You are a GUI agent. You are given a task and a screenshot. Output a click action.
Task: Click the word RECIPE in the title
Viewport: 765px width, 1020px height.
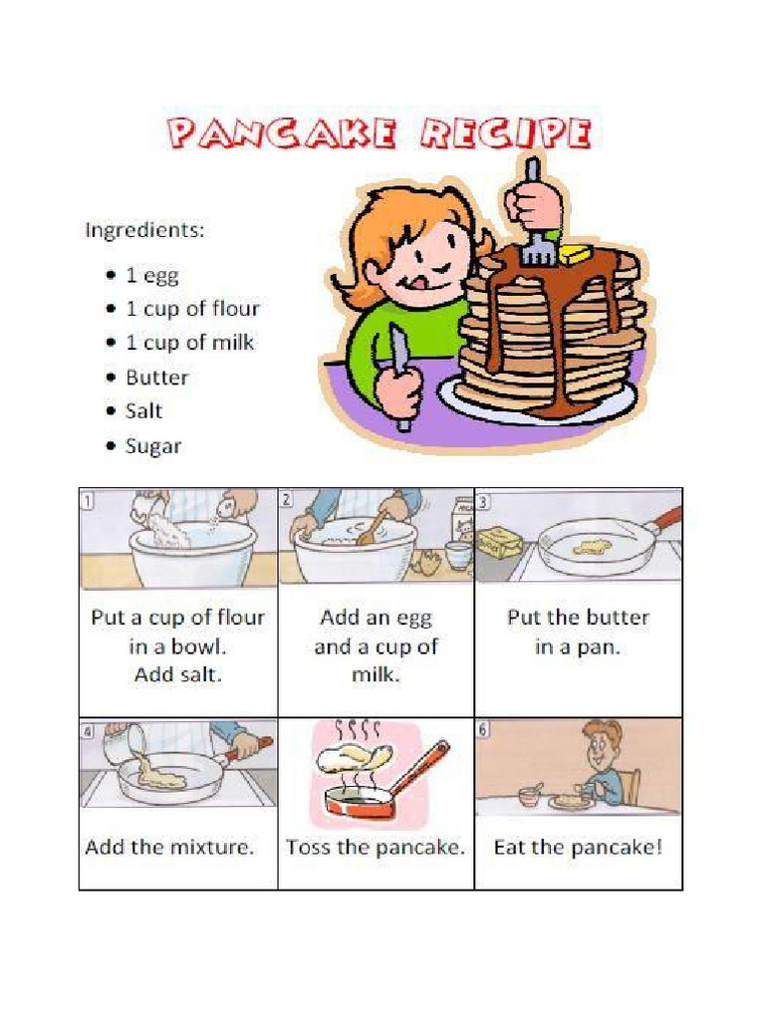pos(507,133)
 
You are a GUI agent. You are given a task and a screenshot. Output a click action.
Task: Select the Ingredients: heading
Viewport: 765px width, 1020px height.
pos(144,230)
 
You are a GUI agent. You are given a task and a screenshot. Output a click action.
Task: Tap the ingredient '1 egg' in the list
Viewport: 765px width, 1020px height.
pos(151,276)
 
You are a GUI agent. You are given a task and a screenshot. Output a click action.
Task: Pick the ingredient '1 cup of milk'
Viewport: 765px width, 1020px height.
pos(189,343)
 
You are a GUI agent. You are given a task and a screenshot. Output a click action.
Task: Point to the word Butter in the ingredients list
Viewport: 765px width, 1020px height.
pos(156,378)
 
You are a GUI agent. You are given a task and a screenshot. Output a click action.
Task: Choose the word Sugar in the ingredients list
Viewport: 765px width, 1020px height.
pos(153,446)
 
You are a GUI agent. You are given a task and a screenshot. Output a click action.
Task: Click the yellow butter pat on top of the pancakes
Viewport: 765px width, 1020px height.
pos(575,255)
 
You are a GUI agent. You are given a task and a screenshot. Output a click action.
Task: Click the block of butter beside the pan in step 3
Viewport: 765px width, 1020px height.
pos(499,543)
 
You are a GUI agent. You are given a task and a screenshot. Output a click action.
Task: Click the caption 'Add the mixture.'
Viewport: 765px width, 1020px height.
pos(169,848)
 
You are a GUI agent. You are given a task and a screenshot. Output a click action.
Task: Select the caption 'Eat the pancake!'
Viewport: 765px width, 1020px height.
pos(578,848)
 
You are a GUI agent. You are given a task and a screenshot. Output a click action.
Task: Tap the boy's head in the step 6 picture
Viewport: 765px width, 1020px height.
pos(602,744)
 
